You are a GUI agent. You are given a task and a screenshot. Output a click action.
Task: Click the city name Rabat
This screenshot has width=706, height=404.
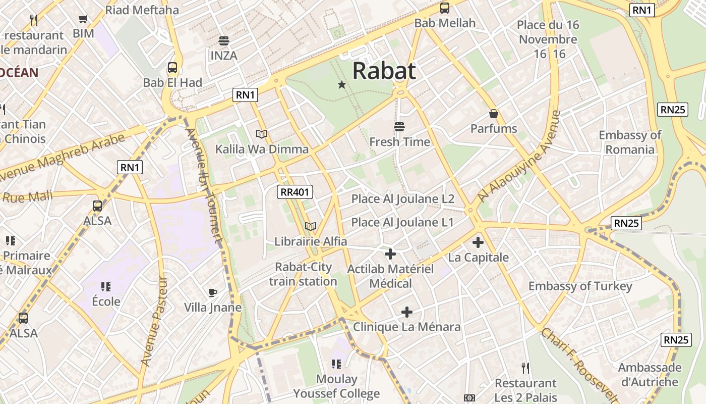click(x=384, y=71)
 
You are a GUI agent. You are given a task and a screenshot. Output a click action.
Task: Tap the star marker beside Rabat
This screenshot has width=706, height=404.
click(x=342, y=84)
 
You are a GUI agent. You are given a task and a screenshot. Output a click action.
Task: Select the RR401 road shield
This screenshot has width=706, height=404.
click(x=296, y=192)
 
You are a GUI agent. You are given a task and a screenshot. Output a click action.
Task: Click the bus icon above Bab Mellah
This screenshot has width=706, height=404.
click(x=445, y=8)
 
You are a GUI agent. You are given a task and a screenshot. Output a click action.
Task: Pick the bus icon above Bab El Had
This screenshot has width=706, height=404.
click(x=172, y=68)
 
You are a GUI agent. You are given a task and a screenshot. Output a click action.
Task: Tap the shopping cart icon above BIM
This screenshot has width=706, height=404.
click(x=83, y=19)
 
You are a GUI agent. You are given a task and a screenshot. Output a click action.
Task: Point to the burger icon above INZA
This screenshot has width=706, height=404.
click(x=223, y=41)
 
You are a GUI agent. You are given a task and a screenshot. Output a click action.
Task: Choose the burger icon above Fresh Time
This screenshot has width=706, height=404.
click(x=399, y=126)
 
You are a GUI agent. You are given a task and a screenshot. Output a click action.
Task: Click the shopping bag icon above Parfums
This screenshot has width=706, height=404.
click(x=494, y=114)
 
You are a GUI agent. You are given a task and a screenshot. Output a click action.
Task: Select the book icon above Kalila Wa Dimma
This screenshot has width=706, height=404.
click(x=262, y=134)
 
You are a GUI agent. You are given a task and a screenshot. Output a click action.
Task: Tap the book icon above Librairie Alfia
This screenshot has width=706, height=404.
click(x=311, y=226)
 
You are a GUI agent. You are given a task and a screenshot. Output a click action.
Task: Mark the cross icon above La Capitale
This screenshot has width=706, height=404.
click(x=478, y=242)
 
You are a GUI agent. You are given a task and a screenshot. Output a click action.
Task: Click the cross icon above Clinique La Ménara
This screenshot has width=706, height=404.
click(x=407, y=312)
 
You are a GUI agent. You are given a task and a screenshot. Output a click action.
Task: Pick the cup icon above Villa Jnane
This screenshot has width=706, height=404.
click(x=213, y=292)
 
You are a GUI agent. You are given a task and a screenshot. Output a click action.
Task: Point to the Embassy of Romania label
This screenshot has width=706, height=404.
click(x=630, y=142)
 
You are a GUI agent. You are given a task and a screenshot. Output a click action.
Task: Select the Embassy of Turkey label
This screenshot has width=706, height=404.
click(x=580, y=286)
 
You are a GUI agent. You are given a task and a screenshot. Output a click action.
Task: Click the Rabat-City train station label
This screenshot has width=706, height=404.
click(x=303, y=274)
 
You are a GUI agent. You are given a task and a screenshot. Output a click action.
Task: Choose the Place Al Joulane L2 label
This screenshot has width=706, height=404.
click(x=403, y=198)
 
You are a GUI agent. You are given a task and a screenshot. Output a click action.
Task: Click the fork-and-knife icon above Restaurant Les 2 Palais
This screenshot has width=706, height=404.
click(x=525, y=368)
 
